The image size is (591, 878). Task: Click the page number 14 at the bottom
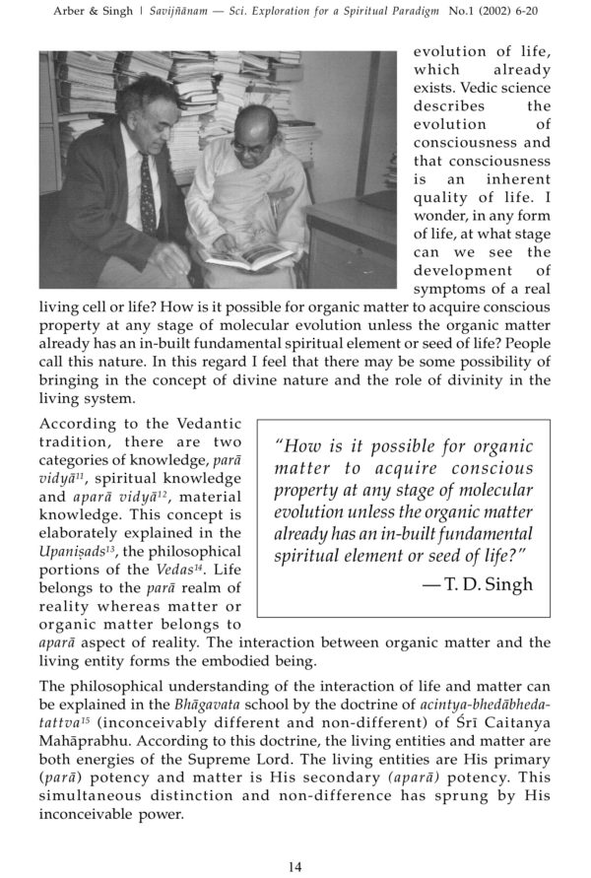[295, 866]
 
